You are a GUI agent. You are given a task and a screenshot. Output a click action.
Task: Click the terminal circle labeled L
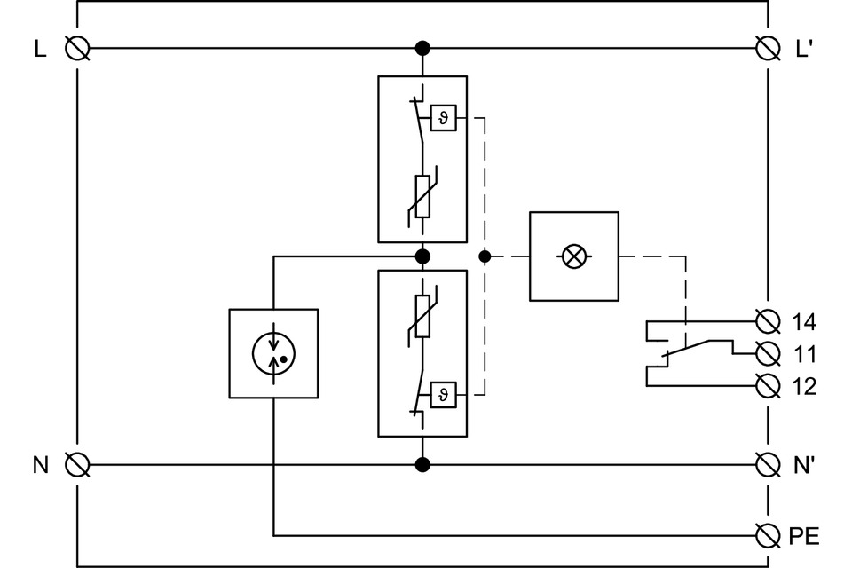click(77, 48)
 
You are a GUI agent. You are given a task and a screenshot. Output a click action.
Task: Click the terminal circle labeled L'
click(767, 48)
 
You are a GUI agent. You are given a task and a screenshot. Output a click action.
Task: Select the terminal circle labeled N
click(77, 464)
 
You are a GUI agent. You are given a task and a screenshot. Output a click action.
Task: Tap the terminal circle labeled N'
click(767, 464)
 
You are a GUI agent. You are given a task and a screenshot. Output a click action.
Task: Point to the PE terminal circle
click(767, 535)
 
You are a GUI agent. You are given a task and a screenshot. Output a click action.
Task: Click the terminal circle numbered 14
click(767, 320)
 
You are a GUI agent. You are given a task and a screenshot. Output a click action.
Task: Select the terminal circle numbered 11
click(767, 353)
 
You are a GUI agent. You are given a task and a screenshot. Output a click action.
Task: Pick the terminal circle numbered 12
click(767, 386)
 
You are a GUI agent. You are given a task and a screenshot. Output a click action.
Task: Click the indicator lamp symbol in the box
click(574, 256)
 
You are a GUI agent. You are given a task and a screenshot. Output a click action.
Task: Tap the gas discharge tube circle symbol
click(273, 353)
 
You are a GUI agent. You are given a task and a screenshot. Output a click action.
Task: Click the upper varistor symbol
click(422, 196)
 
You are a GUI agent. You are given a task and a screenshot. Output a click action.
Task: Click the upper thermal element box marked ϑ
click(444, 118)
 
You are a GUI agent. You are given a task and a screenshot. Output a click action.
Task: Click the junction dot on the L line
click(422, 48)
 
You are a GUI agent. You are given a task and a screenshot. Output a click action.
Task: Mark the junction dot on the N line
click(422, 464)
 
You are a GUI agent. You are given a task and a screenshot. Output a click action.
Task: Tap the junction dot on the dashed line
click(484, 256)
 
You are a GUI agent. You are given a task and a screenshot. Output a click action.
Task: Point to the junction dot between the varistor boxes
click(422, 256)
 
